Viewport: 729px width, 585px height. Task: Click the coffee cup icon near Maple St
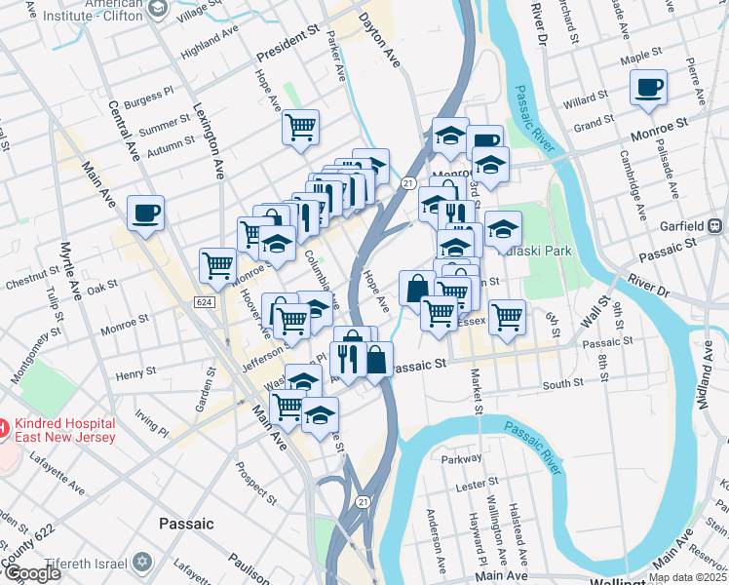(648, 89)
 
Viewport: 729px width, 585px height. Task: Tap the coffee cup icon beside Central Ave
(145, 214)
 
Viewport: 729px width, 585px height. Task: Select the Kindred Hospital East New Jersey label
(63, 430)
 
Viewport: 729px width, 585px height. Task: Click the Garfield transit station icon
(714, 225)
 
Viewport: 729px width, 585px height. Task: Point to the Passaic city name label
(186, 524)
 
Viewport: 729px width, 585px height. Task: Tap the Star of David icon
(142, 564)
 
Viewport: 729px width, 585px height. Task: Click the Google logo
(31, 574)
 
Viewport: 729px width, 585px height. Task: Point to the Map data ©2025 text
(685, 577)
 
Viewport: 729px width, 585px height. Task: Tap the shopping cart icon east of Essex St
(507, 316)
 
